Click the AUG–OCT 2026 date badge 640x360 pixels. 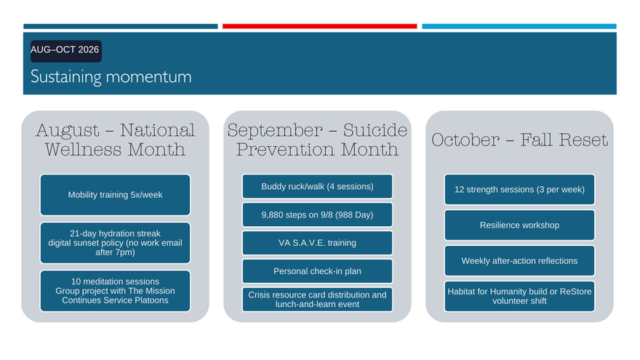point(65,51)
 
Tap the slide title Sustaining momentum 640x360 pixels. point(111,77)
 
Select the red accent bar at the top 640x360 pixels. point(319,26)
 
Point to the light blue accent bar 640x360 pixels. point(519,26)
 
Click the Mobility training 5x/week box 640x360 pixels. point(115,195)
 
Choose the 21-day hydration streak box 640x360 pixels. point(115,243)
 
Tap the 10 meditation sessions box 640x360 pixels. point(115,291)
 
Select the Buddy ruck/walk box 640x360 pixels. point(318,186)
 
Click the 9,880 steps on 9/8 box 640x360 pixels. point(318,215)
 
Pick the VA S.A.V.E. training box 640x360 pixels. point(318,243)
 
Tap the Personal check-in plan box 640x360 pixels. point(318,271)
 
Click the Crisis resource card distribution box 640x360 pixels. point(318,300)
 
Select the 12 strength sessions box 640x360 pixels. point(519,189)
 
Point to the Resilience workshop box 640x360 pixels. point(519,225)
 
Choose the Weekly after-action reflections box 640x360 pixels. point(519,261)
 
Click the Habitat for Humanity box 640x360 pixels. point(519,296)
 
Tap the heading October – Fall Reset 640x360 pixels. point(519,140)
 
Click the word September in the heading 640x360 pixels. point(275,131)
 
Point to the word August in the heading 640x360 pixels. point(68,131)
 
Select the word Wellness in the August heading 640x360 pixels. point(83,150)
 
